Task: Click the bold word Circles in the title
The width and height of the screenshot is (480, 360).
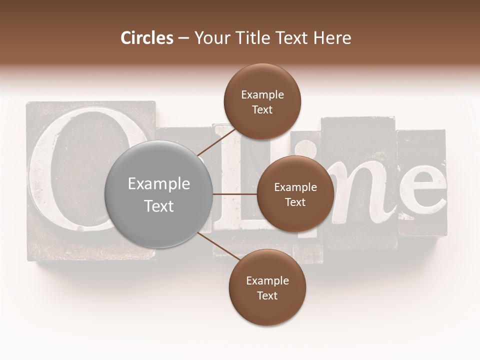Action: (147, 38)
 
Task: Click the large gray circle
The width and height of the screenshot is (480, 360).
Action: (158, 194)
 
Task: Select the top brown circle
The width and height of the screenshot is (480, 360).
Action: (262, 101)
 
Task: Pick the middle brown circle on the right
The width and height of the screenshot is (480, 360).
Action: (295, 194)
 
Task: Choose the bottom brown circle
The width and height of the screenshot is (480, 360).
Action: (267, 287)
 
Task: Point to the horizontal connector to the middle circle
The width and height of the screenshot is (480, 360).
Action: (235, 194)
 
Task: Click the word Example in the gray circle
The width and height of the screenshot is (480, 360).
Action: (158, 183)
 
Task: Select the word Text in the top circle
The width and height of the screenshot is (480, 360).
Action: (262, 109)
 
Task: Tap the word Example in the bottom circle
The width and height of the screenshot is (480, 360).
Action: (267, 280)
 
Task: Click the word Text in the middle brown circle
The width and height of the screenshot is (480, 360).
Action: (295, 202)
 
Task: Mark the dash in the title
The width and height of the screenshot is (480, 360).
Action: (183, 38)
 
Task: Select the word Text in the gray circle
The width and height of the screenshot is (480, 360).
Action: (158, 206)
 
